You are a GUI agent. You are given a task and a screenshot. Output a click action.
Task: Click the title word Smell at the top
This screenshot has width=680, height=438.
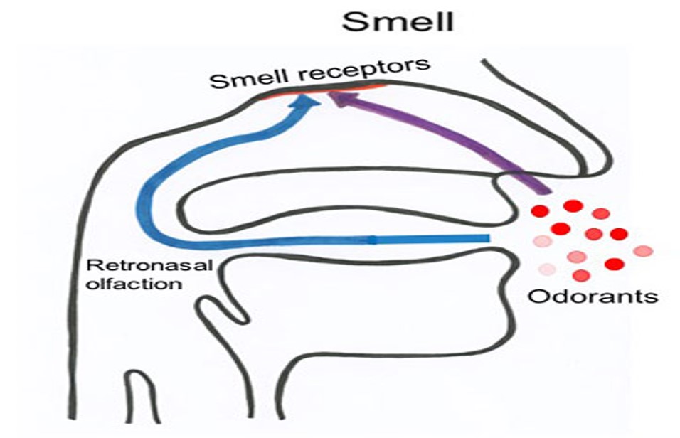pos(396,21)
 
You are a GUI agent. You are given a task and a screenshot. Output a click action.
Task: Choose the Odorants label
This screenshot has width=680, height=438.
pos(593,294)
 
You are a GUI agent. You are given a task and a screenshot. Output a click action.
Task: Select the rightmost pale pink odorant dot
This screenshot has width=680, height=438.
pos(642,250)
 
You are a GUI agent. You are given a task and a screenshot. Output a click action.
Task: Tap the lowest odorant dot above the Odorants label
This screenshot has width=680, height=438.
pos(581,275)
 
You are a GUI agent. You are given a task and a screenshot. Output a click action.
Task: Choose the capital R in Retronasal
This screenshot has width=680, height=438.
pos(90,267)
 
